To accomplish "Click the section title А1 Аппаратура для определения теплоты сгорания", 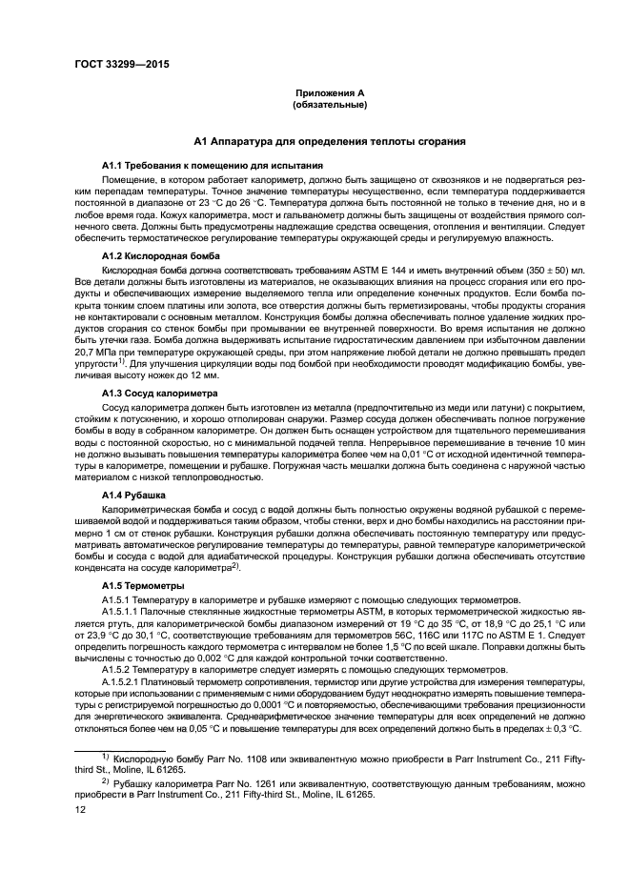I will click(329, 142).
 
